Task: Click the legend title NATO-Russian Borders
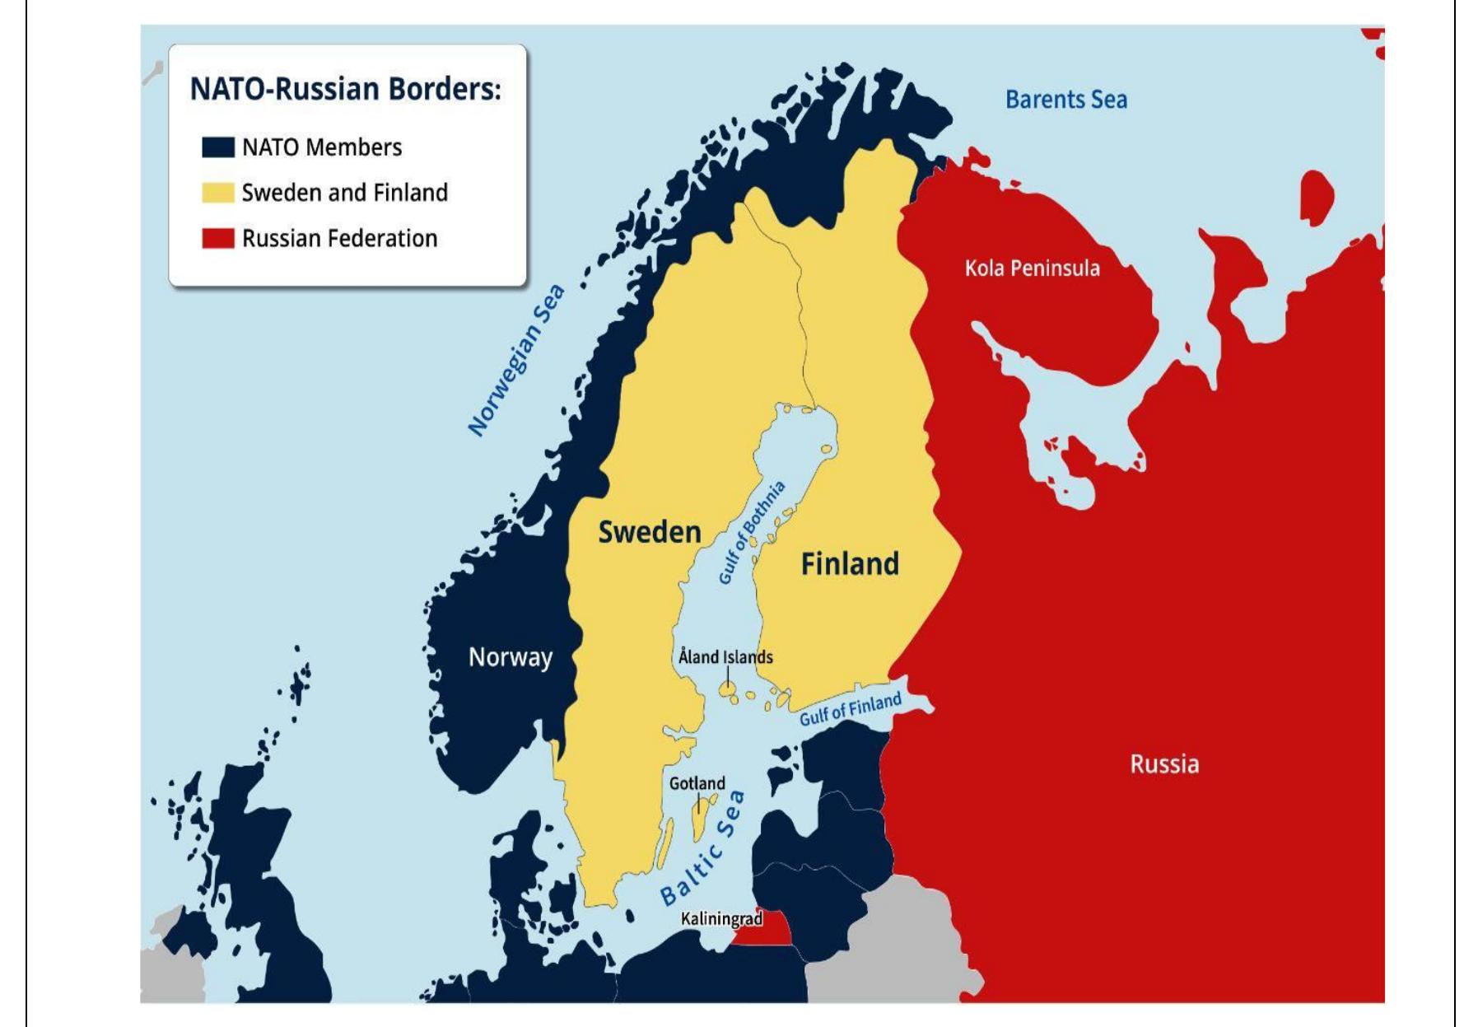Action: [x=345, y=89]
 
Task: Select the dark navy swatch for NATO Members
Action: [x=217, y=147]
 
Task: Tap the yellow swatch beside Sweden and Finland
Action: [x=217, y=193]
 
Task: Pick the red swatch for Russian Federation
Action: [x=217, y=239]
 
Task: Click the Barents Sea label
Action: [x=1065, y=100]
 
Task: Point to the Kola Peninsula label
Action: [x=1032, y=268]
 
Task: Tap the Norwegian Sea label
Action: [x=516, y=360]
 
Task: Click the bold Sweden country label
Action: [x=649, y=532]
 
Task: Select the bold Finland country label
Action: [x=850, y=564]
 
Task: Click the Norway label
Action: [x=510, y=657]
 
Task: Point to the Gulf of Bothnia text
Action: [x=751, y=534]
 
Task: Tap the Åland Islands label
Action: [x=725, y=657]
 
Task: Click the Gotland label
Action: [x=697, y=783]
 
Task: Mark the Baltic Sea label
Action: [x=702, y=848]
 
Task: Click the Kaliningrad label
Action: [x=721, y=918]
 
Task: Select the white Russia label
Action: [x=1163, y=764]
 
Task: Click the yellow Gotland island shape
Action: [x=699, y=820]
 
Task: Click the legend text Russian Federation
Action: [x=339, y=239]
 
